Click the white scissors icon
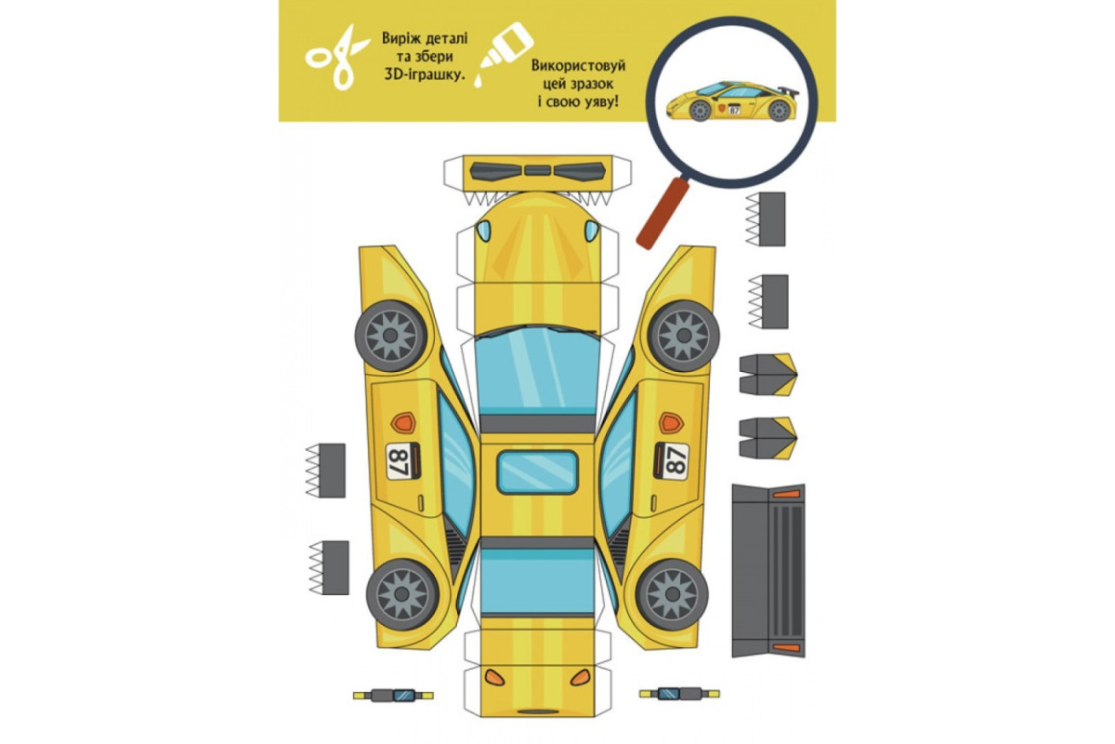(x=336, y=58)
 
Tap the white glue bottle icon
(x=503, y=54)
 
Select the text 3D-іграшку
(x=425, y=74)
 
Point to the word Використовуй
(x=578, y=65)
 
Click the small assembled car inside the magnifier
(x=732, y=101)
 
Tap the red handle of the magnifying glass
(x=662, y=214)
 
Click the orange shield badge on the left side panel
(x=403, y=422)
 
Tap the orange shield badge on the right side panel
(x=672, y=422)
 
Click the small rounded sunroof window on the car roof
(x=538, y=472)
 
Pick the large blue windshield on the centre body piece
(x=538, y=371)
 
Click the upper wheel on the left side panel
(x=391, y=336)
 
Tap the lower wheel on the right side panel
(x=672, y=594)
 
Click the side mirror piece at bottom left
(x=393, y=695)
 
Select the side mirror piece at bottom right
(x=679, y=693)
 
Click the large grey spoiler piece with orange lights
(x=768, y=571)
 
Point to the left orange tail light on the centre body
(x=494, y=677)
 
